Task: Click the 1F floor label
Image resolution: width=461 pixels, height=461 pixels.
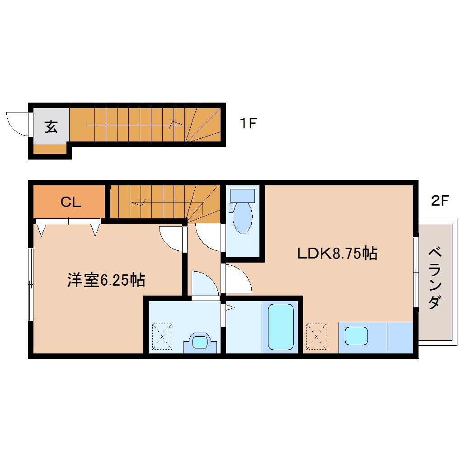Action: [249, 123]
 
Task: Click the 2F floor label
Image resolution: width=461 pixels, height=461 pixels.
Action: [440, 201]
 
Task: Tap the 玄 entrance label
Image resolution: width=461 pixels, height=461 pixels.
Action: [51, 127]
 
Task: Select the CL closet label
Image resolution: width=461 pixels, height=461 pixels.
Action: [71, 202]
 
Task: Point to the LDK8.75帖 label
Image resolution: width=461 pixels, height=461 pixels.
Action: [338, 253]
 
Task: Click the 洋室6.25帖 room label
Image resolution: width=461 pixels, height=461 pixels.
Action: [106, 280]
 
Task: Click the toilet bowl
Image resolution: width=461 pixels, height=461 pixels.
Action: [242, 217]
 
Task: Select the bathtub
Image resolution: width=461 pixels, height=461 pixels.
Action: [281, 327]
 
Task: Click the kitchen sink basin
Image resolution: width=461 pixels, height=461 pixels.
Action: [356, 336]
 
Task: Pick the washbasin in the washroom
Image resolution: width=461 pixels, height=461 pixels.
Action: [200, 342]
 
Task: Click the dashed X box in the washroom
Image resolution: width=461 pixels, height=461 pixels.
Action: [162, 337]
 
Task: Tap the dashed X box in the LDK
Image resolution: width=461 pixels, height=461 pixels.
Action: [316, 337]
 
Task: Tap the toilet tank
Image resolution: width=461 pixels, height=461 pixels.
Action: [243, 196]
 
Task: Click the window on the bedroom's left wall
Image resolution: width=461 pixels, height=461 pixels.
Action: [31, 285]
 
